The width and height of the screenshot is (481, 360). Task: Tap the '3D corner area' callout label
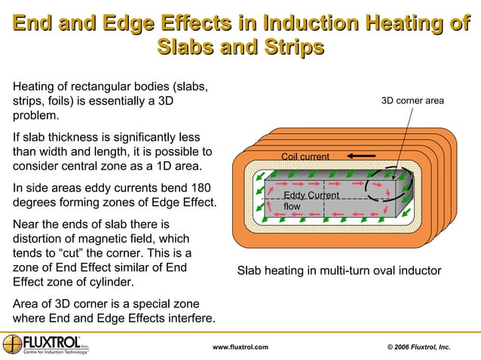pyautogui.click(x=412, y=100)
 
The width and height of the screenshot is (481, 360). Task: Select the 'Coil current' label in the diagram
pyautogui.click(x=305, y=157)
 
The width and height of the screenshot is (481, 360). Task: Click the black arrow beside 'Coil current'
pyautogui.click(x=362, y=156)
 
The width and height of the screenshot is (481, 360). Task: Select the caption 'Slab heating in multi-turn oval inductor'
pyautogui.click(x=339, y=271)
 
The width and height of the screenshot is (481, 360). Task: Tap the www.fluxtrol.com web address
pyautogui.click(x=240, y=347)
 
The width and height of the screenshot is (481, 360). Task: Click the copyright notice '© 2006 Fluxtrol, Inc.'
pyautogui.click(x=418, y=347)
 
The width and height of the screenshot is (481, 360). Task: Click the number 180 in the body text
pyautogui.click(x=195, y=188)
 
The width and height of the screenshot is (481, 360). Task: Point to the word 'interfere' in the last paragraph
pyautogui.click(x=186, y=319)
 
